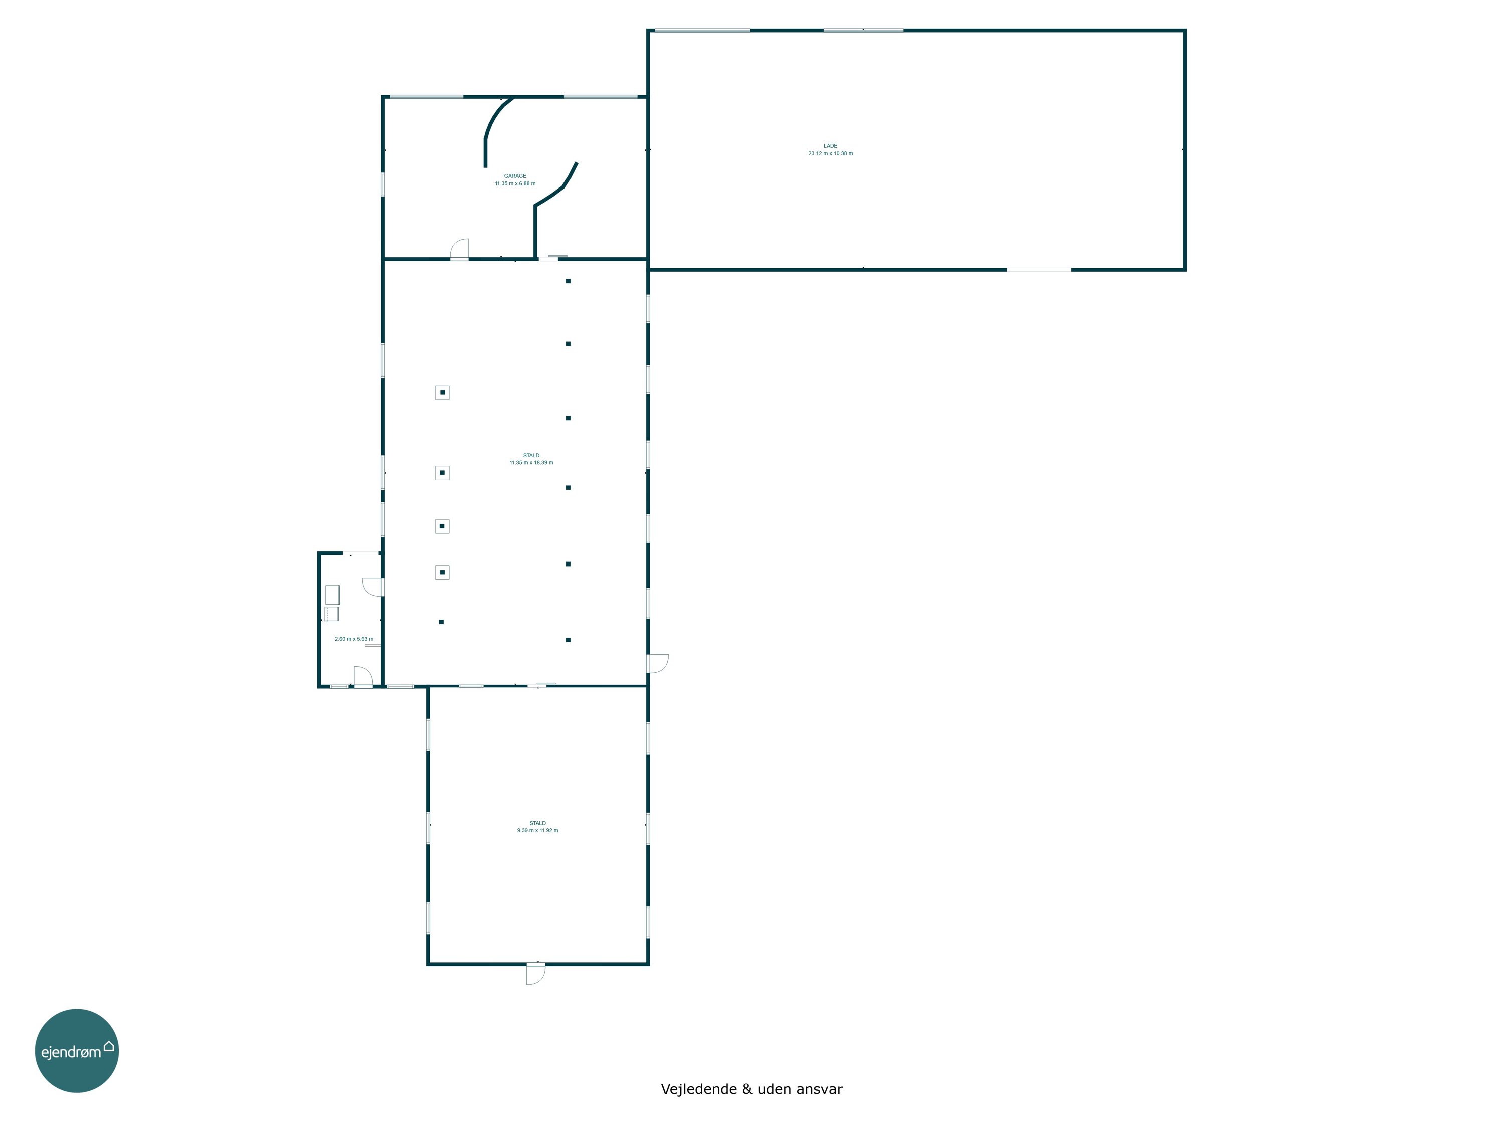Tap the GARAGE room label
tap(515, 176)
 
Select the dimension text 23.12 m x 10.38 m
tap(830, 154)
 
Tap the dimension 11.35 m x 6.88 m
tap(515, 183)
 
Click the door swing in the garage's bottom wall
tap(460, 250)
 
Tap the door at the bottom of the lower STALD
tap(536, 974)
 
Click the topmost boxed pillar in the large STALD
tap(442, 393)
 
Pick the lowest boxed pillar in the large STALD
tap(442, 573)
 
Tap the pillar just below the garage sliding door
tap(568, 281)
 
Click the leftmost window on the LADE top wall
tap(702, 30)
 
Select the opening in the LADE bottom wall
tap(1038, 270)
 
